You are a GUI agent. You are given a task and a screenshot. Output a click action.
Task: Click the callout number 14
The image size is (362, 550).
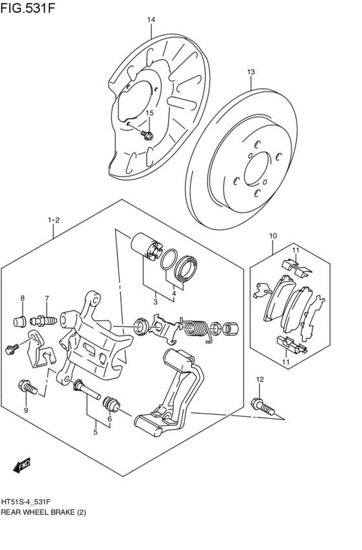[151, 20]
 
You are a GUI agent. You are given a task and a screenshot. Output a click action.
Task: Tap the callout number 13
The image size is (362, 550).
[251, 72]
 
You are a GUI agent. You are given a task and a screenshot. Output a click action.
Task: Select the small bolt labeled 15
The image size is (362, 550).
[147, 134]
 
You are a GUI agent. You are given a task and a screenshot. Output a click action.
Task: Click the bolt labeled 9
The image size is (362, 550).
[27, 387]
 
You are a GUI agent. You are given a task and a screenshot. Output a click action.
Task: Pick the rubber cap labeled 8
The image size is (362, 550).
[20, 321]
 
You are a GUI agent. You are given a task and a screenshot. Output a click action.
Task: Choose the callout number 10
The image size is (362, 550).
[273, 236]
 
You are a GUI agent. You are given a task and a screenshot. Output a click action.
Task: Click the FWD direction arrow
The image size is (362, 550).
[22, 465]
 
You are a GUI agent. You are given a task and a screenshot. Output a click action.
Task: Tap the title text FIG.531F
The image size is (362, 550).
[28, 8]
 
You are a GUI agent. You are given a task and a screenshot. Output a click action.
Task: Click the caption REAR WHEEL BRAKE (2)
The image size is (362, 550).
[43, 513]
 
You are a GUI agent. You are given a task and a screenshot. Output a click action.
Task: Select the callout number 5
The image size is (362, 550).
[95, 432]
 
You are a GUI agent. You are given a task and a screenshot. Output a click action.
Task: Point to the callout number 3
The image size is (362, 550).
[156, 302]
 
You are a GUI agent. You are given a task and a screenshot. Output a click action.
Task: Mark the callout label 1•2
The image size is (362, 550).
[54, 220]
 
